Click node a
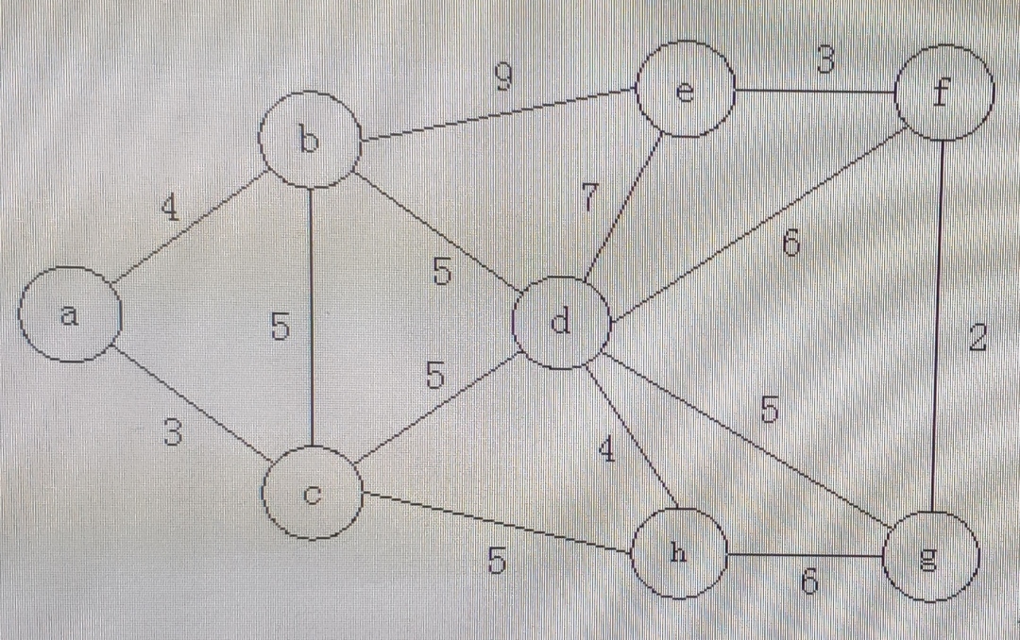[x=70, y=314]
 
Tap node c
[x=313, y=492]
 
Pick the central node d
[x=561, y=324]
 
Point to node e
[x=686, y=90]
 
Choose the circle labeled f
[x=943, y=92]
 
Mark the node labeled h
[x=678, y=554]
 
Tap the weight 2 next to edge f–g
[x=977, y=338]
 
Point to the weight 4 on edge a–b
[x=170, y=208]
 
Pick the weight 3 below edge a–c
[x=171, y=433]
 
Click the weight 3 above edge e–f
[x=824, y=60]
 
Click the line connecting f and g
[x=939, y=321]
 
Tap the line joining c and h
[x=496, y=520]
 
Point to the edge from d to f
[x=756, y=227]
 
